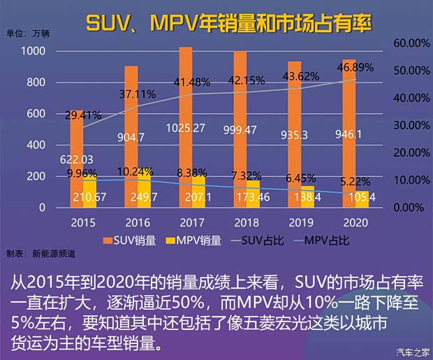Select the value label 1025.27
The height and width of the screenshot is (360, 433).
tap(185, 127)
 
